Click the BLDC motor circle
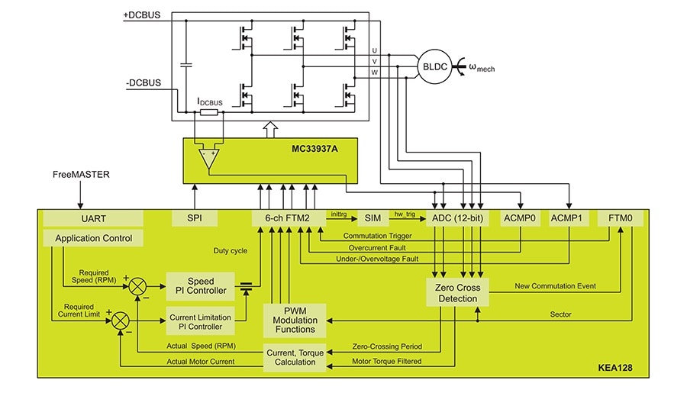(434, 67)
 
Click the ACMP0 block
(520, 218)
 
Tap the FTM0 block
(619, 218)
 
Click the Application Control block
(94, 239)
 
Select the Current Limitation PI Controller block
(196, 321)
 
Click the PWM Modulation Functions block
(295, 320)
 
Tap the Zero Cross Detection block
(455, 293)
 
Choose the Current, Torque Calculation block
(295, 356)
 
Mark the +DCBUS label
(141, 15)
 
